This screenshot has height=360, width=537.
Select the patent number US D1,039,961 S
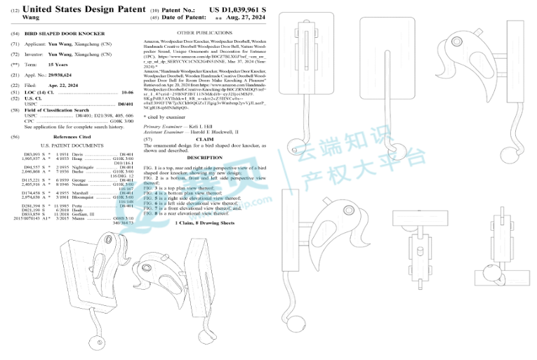(x=238, y=8)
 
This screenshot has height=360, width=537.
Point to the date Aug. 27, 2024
(x=242, y=17)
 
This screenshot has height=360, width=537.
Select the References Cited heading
(x=72, y=136)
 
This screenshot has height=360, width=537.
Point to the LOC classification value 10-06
(x=127, y=92)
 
